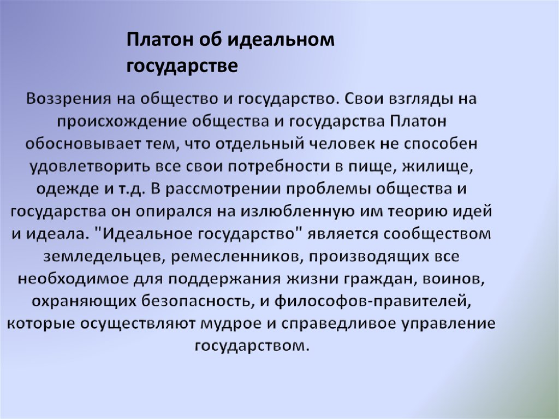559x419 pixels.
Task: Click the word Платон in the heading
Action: (156, 41)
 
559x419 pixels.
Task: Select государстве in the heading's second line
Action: (182, 66)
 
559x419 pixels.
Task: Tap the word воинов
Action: (454, 278)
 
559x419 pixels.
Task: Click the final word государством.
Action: (251, 345)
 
